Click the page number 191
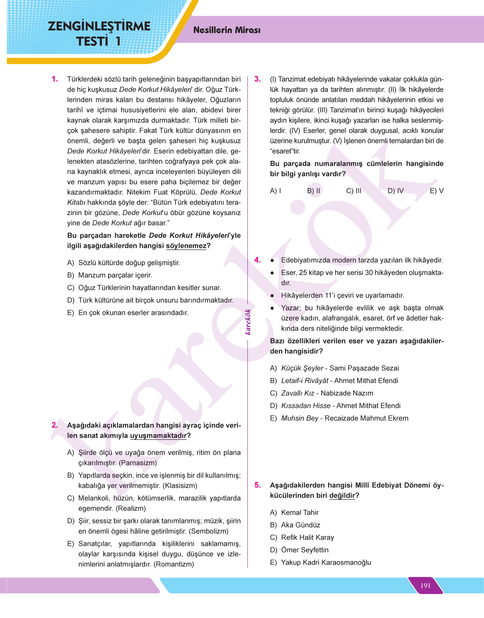point(425,585)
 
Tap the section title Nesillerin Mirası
point(227,30)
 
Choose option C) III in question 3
point(354,191)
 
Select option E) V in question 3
point(436,191)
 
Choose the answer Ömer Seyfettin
point(305,550)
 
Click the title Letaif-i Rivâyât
point(305,380)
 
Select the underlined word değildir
point(342,495)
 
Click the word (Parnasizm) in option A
point(138,463)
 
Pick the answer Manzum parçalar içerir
point(115,275)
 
